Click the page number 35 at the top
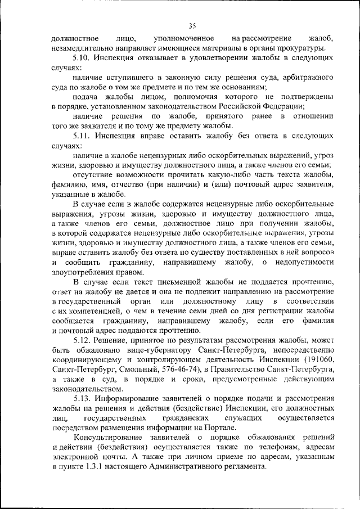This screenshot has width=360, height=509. (192, 25)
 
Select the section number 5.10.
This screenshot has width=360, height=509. (82, 58)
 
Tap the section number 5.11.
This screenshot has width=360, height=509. (82, 136)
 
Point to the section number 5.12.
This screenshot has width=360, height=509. (82, 341)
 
